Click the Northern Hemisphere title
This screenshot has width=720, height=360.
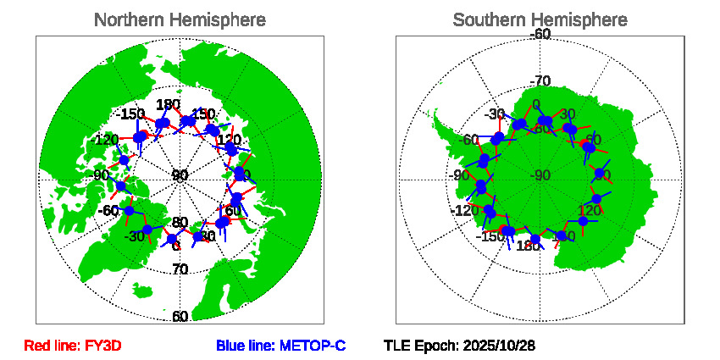[x=179, y=19]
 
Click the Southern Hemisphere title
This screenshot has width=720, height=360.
[x=540, y=19]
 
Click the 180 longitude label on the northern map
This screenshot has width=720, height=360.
[x=169, y=105]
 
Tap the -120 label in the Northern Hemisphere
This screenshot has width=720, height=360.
[x=107, y=140]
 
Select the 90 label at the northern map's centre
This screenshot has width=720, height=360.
[x=180, y=175]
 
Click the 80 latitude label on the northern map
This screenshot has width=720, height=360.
[x=180, y=223]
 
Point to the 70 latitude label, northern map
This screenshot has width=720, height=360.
[x=180, y=269]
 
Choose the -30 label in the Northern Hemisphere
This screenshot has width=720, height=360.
[x=133, y=236]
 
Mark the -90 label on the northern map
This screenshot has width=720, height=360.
[x=102, y=175]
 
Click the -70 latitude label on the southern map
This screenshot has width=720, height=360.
[x=540, y=81]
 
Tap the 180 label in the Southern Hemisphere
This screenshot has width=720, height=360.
[x=528, y=246]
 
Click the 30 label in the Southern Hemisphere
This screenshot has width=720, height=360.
[x=568, y=114]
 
